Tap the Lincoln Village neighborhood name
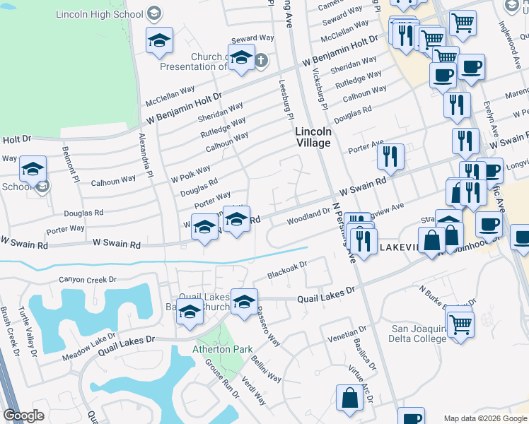(313, 137)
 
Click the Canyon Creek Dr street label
(87, 280)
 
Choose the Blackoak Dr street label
(287, 270)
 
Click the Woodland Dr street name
(308, 216)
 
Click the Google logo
(24, 416)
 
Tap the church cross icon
(260, 60)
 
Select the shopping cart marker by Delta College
(460, 324)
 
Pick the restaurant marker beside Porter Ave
(390, 155)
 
